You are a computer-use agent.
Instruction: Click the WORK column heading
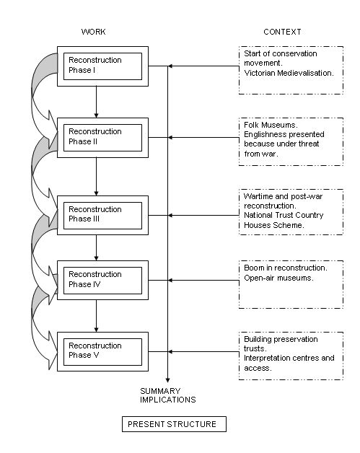tap(93, 32)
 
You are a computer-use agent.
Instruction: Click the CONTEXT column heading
tap(282, 32)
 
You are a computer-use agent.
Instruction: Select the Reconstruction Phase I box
tap(102, 66)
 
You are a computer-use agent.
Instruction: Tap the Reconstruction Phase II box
tap(102, 138)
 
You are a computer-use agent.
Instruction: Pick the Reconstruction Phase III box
tap(102, 215)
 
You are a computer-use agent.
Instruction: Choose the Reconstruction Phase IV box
tap(102, 280)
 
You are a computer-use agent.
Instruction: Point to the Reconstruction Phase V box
tap(102, 351)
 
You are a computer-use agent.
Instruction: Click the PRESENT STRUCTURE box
tap(174, 424)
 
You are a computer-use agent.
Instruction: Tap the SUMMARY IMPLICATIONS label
tap(168, 395)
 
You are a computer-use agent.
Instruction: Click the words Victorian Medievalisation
tap(289, 73)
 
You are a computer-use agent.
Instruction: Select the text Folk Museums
tap(271, 125)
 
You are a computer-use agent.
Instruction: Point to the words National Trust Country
tap(284, 215)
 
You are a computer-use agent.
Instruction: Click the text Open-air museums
tap(278, 278)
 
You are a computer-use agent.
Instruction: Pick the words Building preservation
tap(281, 339)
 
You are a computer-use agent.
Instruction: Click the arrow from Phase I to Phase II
tap(96, 102)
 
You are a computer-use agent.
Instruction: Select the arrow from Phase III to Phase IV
tap(96, 248)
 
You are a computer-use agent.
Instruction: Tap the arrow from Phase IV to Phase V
tap(96, 316)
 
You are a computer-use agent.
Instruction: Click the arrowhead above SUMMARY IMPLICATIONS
tap(167, 380)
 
